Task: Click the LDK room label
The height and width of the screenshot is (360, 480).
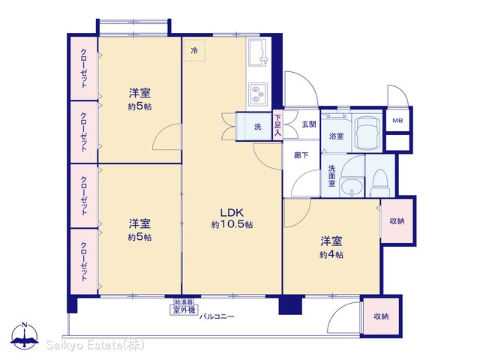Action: (232, 212)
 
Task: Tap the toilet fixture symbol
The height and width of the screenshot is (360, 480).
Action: (380, 183)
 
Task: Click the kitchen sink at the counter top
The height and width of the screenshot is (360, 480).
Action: (258, 52)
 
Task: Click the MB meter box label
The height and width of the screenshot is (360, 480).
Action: (397, 121)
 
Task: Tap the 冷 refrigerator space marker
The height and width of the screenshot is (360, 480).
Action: (194, 50)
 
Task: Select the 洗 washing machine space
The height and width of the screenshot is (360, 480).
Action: (254, 127)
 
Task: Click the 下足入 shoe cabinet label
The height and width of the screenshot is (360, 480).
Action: (277, 125)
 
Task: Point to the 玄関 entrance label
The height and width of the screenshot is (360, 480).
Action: (309, 124)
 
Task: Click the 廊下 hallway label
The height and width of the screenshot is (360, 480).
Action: (301, 155)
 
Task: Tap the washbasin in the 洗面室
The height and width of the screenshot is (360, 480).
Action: (352, 187)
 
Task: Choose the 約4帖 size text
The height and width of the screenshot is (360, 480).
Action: (331, 255)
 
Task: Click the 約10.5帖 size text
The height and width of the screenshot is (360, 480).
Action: (232, 225)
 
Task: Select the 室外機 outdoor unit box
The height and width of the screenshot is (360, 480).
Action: (184, 310)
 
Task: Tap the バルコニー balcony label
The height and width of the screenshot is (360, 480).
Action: (217, 316)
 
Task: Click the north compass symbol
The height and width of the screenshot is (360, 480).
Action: (25, 335)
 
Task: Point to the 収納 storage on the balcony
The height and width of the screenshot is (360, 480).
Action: (381, 316)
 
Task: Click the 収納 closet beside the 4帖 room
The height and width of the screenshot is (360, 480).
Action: (397, 220)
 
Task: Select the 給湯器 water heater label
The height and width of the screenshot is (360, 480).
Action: (184, 302)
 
